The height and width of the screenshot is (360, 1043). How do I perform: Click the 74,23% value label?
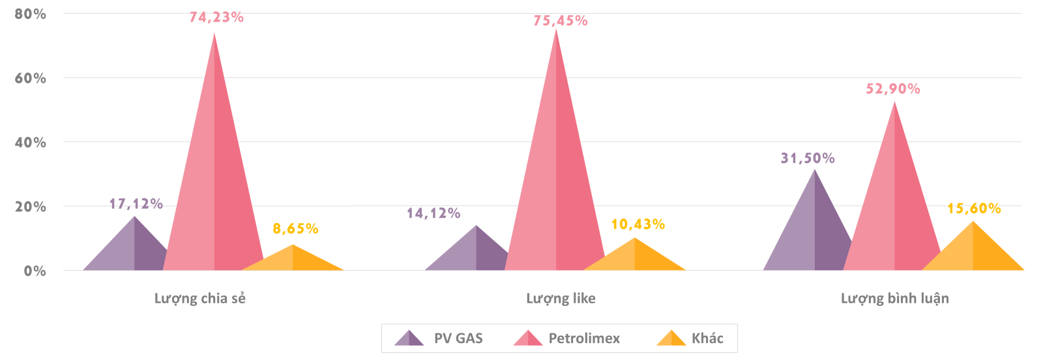216,18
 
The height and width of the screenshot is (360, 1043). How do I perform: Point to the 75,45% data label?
561,21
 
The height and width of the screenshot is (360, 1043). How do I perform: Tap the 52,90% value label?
893,89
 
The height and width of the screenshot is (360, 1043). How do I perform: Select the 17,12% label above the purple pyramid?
136,204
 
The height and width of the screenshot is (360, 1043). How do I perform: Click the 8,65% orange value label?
295,229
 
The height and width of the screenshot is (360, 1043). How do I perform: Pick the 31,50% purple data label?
808,158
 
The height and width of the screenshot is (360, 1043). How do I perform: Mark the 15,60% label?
974,209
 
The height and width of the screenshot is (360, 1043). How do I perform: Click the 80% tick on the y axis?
31,14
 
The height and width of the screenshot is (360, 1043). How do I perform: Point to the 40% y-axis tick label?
31,142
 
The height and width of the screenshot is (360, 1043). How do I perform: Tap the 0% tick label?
35,271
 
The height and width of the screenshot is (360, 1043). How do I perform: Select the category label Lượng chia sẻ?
200,299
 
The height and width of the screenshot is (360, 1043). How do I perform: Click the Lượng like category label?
561,299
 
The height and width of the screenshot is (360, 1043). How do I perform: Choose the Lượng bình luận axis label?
894,299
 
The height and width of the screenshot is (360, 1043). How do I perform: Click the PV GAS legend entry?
458,338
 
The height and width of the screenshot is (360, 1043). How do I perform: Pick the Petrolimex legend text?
584,338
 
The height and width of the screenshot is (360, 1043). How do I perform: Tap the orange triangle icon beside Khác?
671,338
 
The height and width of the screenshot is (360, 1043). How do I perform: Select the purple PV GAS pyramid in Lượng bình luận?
812,228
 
